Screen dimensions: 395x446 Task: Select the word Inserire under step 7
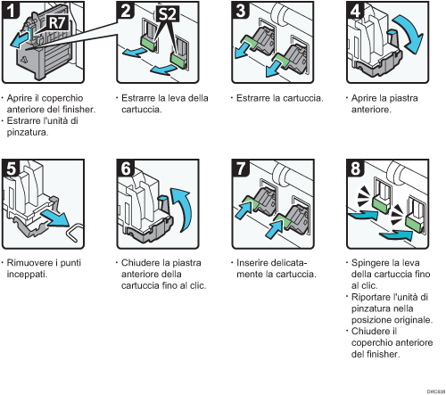pyautogui.click(x=252, y=264)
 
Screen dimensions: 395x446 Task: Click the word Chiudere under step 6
pyautogui.click(x=139, y=264)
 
